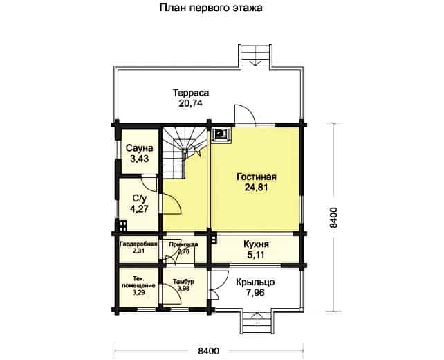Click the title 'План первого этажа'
[x=211, y=8]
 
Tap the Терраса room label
[x=191, y=93]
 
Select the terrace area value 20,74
[x=190, y=103]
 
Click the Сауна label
[x=139, y=147]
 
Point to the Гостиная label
[x=257, y=177]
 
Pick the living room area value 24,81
[x=256, y=188]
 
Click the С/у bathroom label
[x=139, y=198]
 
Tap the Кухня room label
[x=256, y=244]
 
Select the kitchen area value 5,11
[x=256, y=255]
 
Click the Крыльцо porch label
[x=255, y=282]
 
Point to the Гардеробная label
[x=138, y=244]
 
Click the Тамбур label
[x=183, y=282]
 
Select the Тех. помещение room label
[x=138, y=282]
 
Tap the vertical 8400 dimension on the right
[x=333, y=217]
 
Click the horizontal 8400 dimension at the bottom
[x=208, y=351]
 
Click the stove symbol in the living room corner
[x=222, y=134]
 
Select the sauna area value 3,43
[x=139, y=159]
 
